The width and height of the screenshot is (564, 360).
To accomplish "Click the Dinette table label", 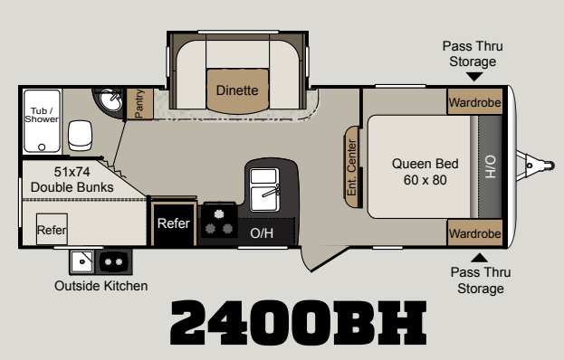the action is point(237,90).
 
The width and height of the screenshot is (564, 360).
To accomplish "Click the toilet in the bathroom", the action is point(80,136).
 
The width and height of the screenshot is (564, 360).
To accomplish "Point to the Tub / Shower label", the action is point(42,115).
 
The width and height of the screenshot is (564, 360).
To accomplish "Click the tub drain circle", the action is point(42,147).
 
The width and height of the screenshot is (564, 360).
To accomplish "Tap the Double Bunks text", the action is point(72,187).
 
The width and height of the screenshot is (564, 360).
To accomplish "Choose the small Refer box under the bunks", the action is point(52,229).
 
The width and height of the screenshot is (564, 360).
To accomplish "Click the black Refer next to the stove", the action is point(174,223).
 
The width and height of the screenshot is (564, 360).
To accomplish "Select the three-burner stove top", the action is point(219,221).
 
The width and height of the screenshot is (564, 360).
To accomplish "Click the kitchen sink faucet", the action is point(272,191).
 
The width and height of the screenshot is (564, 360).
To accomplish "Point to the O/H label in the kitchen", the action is point(262,233).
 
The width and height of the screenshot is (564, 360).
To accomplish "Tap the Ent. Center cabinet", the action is point(352,167).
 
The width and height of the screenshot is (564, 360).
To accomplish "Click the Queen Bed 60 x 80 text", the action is point(425,172).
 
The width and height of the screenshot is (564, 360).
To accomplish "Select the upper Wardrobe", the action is point(474,101).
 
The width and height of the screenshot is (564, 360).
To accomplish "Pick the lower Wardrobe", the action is point(474,232).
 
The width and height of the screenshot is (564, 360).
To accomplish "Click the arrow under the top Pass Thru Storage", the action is point(474,77).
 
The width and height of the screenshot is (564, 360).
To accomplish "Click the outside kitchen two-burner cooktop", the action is point(114,261).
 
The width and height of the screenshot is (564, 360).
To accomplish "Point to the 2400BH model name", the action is point(298,323).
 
